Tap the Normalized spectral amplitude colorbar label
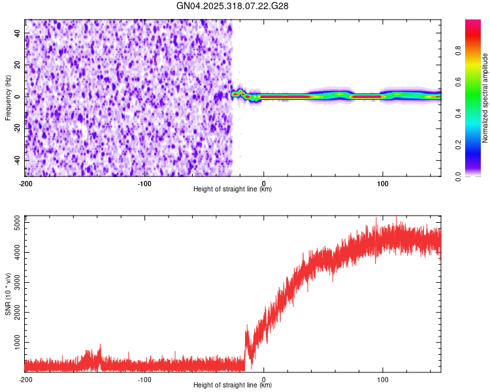point(485,98)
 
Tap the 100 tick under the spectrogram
point(383,183)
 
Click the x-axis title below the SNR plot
point(233,385)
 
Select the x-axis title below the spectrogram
point(233,189)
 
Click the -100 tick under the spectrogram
point(144,183)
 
